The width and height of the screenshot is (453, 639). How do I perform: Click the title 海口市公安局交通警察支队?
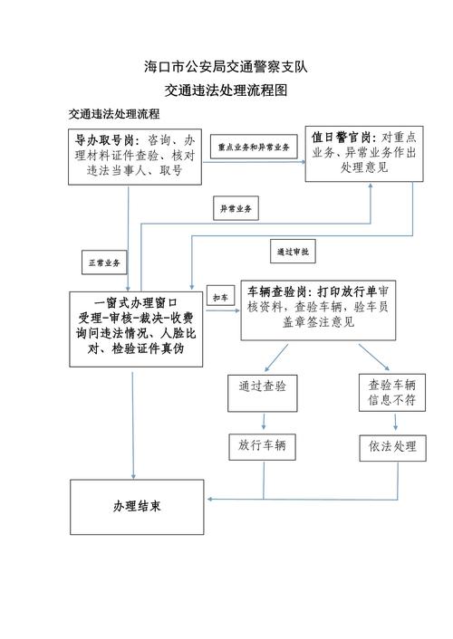point(226,67)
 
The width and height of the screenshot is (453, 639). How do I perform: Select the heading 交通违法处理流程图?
point(226,91)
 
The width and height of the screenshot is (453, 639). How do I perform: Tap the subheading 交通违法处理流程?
point(114,114)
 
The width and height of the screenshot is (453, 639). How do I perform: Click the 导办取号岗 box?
point(135,157)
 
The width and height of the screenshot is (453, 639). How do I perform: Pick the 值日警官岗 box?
point(364,154)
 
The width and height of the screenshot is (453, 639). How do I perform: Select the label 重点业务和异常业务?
point(254,147)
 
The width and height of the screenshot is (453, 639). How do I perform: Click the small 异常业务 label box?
point(236,209)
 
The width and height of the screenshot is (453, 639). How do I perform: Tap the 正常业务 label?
point(104,262)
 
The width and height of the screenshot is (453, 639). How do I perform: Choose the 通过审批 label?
point(293,252)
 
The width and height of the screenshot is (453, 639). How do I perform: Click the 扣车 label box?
point(221,298)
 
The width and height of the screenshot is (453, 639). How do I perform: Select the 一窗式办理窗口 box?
point(136,329)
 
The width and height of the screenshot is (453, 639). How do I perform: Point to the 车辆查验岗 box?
point(318,310)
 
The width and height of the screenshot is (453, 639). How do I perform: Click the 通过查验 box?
point(263,393)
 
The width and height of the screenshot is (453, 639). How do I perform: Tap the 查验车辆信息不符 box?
point(392,393)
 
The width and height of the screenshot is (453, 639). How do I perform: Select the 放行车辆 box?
point(262,447)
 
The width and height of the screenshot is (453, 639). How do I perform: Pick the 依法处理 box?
point(392,448)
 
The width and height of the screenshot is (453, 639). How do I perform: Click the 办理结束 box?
point(137,507)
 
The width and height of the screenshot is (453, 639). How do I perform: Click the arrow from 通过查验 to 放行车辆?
point(264,422)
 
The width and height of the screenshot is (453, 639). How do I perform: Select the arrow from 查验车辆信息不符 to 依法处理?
point(395,422)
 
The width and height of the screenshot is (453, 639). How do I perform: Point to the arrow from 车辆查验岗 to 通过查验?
point(276,358)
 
